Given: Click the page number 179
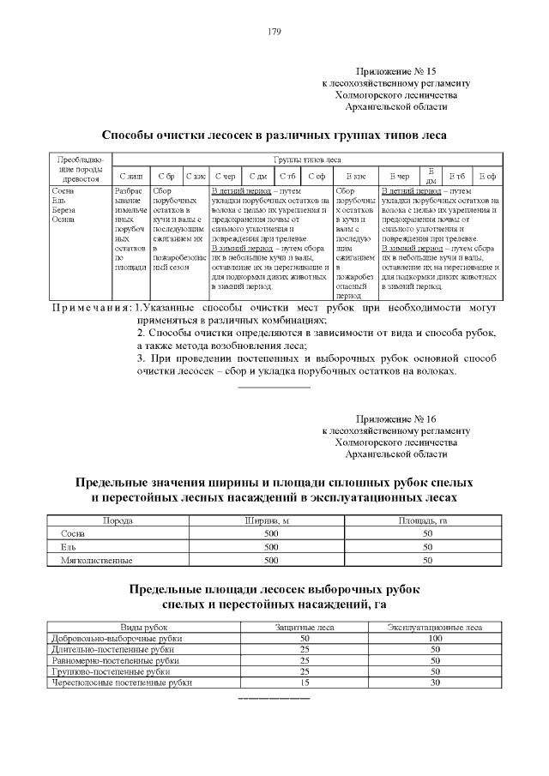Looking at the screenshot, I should [274, 33].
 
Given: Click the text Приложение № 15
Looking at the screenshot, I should [395, 73].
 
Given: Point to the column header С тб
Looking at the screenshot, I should [287, 175].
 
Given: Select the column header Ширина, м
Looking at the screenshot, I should [271, 520].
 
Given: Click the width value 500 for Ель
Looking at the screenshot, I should [271, 546].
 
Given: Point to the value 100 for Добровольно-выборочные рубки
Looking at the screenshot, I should [434, 639].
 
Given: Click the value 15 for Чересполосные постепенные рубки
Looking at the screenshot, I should [304, 683].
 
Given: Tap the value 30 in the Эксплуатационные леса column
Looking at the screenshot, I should [434, 683].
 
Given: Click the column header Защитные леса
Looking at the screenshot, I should [304, 628].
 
